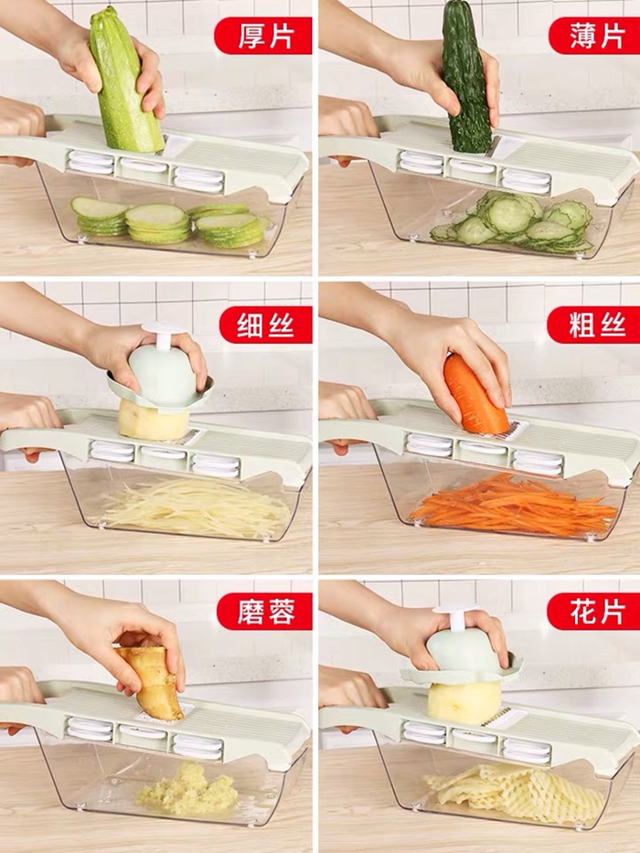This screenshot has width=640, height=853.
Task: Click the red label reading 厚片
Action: (x=263, y=36)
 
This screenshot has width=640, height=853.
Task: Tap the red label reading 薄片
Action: (x=594, y=36)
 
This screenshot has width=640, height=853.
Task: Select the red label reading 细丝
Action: (x=265, y=325)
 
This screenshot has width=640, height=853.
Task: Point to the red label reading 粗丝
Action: (x=594, y=325)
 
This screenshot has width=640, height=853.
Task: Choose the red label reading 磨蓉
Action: (x=264, y=612)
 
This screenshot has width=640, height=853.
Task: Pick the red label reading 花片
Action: (x=594, y=612)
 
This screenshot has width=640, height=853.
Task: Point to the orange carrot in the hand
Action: (x=475, y=394)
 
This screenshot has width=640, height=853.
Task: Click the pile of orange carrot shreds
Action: (x=514, y=506)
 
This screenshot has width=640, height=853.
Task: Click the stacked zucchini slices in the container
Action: (x=170, y=222)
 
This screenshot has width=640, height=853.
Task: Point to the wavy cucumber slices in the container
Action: (x=513, y=223)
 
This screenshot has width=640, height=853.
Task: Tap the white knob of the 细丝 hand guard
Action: (x=161, y=335)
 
